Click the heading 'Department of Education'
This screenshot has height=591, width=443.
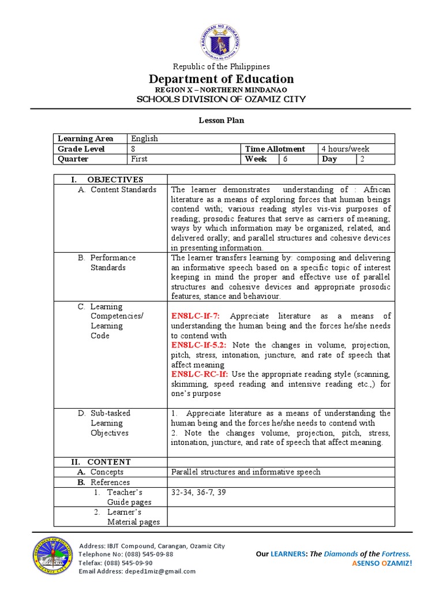[x=221, y=79]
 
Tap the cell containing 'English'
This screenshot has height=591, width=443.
[x=144, y=139]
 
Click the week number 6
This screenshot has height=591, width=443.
[x=285, y=159]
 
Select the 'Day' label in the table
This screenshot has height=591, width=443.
[x=329, y=159]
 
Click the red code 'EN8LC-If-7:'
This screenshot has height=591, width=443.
[x=199, y=316]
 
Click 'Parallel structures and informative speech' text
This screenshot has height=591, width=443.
[x=245, y=472]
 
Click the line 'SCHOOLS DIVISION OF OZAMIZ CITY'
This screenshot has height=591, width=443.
[x=221, y=99]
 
